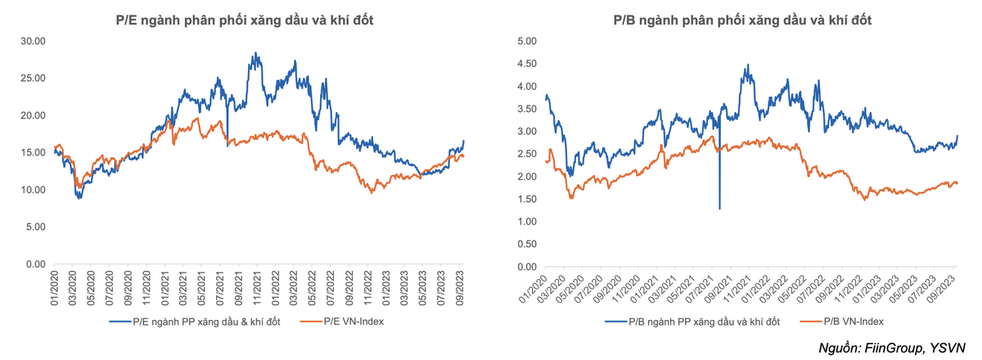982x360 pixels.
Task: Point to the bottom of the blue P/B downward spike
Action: point(720,209)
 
